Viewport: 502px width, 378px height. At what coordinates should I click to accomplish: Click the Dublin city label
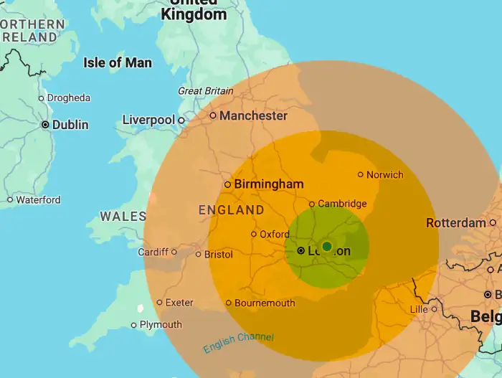click(70, 125)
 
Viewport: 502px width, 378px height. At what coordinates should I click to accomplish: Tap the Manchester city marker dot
click(213, 115)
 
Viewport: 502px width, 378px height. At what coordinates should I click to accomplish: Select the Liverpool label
click(148, 120)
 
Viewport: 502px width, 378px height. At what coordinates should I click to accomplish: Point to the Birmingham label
click(269, 184)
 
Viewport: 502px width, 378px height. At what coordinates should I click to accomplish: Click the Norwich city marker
click(361, 174)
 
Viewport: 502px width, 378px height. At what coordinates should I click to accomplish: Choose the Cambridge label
click(342, 204)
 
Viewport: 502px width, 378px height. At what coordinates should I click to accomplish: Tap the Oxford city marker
click(254, 234)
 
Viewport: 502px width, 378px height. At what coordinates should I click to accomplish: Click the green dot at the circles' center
click(327, 247)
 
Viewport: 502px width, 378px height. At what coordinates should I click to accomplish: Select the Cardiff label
click(153, 252)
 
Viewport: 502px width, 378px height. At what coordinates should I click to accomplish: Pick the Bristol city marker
click(199, 254)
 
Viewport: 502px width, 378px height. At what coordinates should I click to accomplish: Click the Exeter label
click(179, 303)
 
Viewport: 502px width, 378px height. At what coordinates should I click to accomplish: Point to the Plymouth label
click(161, 325)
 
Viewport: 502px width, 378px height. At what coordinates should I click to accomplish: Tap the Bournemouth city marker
click(229, 303)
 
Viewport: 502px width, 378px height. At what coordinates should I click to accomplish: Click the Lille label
click(418, 309)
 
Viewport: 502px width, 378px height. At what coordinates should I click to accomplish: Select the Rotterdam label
click(456, 223)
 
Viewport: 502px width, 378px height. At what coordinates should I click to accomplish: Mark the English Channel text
click(238, 343)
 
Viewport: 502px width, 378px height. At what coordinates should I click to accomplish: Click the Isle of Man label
click(118, 62)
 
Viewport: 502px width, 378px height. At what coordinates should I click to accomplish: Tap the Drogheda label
click(69, 98)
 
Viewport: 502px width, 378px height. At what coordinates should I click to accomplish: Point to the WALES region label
click(123, 216)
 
